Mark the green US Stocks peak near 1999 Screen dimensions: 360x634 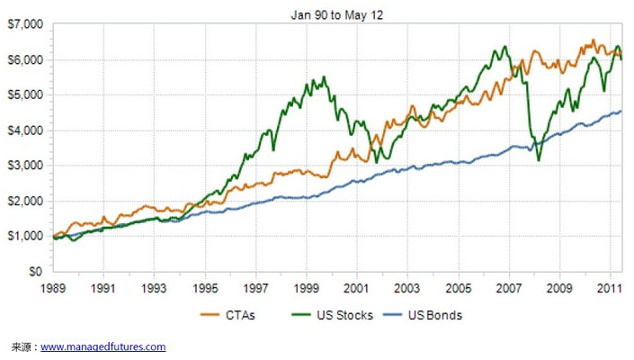click(323, 77)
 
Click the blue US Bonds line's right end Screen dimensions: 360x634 click(621, 112)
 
